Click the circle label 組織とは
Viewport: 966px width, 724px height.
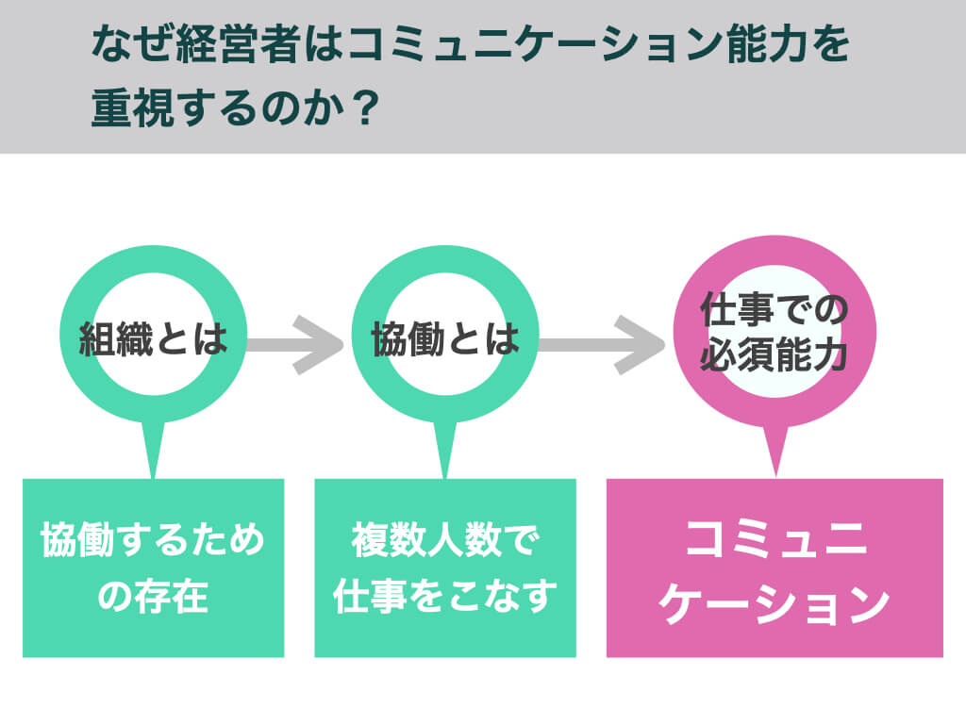(153, 338)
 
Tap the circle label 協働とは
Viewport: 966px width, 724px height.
(445, 338)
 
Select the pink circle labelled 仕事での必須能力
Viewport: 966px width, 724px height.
(774, 334)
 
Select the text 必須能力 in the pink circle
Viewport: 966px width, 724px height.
(774, 357)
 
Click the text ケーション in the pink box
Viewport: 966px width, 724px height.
(774, 603)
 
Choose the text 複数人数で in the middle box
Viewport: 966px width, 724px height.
(445, 542)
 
